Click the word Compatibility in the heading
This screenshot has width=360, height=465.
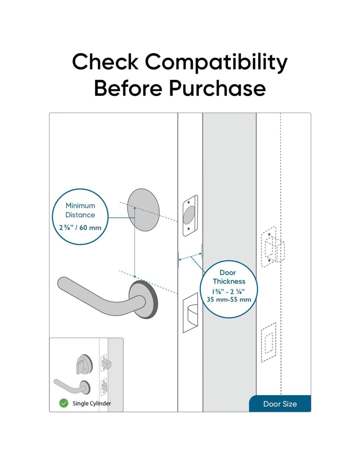coord(216,62)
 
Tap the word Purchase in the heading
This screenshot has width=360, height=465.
coord(217,88)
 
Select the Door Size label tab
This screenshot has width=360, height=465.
coord(280,404)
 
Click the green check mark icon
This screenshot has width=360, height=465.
coord(63,403)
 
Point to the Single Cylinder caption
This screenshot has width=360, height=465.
coord(92,404)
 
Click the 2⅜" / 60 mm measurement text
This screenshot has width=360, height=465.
coord(80,228)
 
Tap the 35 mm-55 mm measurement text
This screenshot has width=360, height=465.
coord(229,300)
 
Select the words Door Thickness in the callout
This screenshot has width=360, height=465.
coord(229,277)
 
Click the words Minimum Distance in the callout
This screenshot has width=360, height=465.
coord(80,210)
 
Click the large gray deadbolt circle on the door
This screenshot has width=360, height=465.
coord(143,210)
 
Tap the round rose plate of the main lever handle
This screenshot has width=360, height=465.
coord(144,299)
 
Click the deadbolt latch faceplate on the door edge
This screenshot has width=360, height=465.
coord(190,215)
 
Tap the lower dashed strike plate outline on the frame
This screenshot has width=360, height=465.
coord(268,342)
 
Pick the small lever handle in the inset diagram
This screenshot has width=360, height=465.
coord(70,387)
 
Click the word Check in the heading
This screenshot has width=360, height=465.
coord(105,62)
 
